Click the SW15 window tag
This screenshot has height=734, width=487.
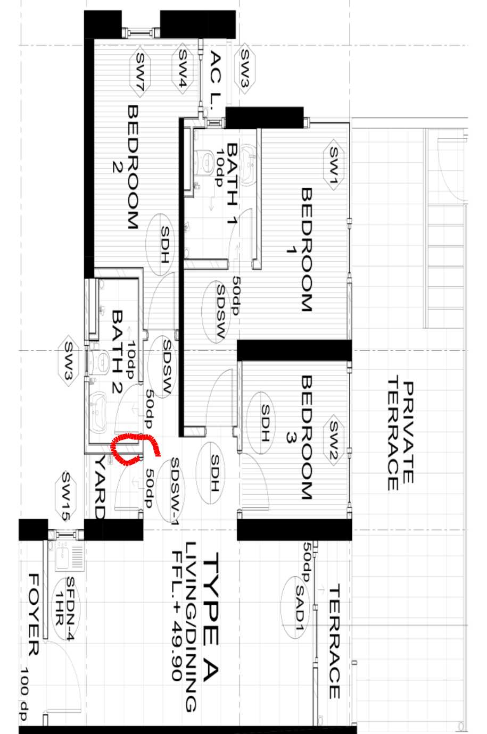tap(68, 496)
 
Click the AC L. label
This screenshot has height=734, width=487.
tap(215, 81)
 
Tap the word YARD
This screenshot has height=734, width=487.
tap(100, 486)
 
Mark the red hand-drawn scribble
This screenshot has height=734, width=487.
tap(135, 448)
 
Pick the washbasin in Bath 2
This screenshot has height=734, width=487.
tap(98, 411)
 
